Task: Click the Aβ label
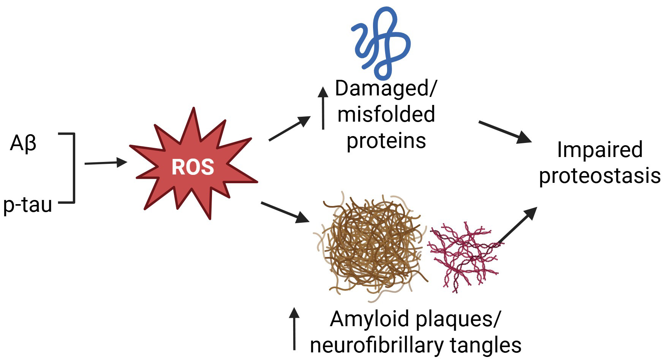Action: [x=23, y=144]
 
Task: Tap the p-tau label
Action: [x=27, y=205]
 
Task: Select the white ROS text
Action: [x=193, y=167]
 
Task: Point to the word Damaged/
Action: [x=386, y=89]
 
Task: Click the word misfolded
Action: [x=386, y=114]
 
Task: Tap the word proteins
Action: [x=386, y=141]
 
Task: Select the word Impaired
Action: [x=599, y=149]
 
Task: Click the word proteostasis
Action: [x=599, y=176]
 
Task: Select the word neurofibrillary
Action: [x=376, y=345]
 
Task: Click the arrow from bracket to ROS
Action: [x=105, y=163]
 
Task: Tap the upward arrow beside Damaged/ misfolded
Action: [x=323, y=108]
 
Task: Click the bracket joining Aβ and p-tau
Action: [x=74, y=168]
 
